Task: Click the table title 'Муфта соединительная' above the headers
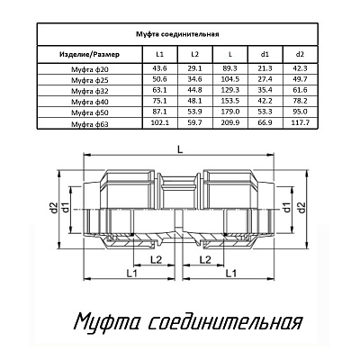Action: click(191, 36)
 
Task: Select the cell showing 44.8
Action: click(194, 91)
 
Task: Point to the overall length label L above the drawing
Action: click(181, 148)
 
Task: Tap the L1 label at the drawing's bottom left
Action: click(132, 272)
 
